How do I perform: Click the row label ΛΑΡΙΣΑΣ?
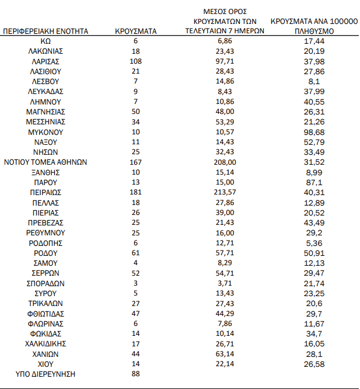coord(45,61)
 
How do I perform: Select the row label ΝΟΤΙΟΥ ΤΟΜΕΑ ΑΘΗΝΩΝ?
coord(45,162)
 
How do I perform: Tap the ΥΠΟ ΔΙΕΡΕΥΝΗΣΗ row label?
coord(46,374)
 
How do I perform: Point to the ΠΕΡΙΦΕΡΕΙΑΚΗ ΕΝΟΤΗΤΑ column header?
coord(46,31)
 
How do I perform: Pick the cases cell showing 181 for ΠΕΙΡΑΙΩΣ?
coord(136,192)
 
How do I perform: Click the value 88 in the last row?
coord(136,374)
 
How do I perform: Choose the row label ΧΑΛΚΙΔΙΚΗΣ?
coord(46,344)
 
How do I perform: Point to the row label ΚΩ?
coord(46,41)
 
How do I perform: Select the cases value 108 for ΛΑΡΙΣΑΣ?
coord(136,61)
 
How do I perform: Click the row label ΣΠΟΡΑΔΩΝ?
coord(46,283)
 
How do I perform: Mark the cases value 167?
coord(136,162)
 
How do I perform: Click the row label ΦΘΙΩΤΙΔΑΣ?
coord(46,314)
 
